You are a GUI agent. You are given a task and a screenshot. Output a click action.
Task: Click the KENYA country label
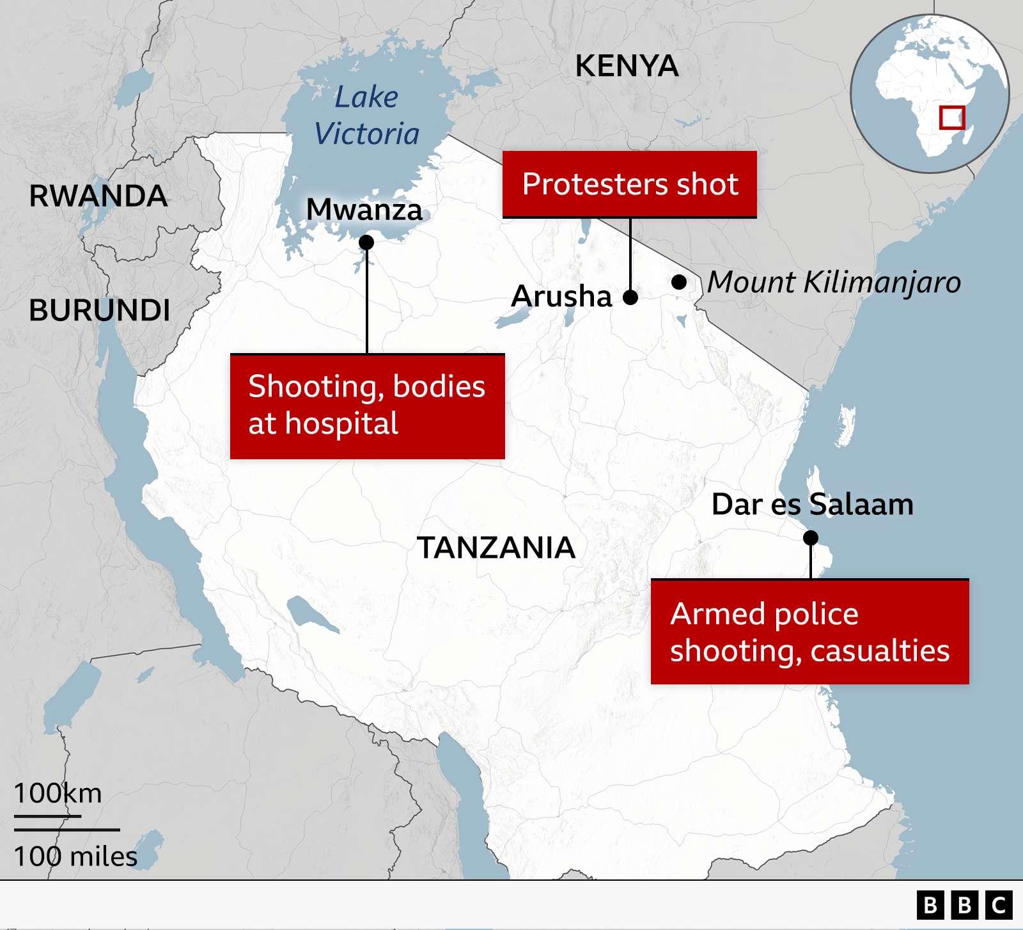(x=627, y=66)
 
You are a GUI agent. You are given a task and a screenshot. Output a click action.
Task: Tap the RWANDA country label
(x=98, y=196)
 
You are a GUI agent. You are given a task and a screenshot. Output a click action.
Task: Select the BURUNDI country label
(x=99, y=310)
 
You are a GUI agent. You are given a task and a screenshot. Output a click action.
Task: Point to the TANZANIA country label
(x=496, y=548)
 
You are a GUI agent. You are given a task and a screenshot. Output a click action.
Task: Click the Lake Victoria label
(x=366, y=116)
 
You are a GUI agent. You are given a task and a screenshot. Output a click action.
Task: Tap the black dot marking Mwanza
(x=366, y=242)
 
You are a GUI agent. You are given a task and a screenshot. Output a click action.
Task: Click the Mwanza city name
(x=364, y=209)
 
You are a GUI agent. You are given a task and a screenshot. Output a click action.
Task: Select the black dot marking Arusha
(x=630, y=297)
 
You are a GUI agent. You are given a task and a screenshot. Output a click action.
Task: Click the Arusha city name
(x=561, y=296)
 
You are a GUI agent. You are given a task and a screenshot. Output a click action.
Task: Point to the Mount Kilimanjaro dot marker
(x=679, y=282)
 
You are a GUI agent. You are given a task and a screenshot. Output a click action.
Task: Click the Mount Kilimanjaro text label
(x=833, y=282)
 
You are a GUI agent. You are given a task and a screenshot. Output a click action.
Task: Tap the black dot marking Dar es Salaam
(x=811, y=538)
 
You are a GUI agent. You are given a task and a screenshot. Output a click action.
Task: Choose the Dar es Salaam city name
(x=812, y=504)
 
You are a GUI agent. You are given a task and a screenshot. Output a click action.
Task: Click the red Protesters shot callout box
(x=630, y=184)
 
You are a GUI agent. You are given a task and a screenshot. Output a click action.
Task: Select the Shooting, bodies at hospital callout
(x=367, y=406)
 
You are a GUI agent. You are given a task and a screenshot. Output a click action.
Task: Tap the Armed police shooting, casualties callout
(x=809, y=632)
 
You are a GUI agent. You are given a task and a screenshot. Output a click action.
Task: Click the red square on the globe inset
(x=951, y=118)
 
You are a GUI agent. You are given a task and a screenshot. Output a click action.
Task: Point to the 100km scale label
(x=58, y=793)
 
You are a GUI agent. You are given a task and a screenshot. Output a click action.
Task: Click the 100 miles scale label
(x=75, y=856)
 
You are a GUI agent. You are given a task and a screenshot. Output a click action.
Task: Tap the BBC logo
(x=964, y=905)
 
